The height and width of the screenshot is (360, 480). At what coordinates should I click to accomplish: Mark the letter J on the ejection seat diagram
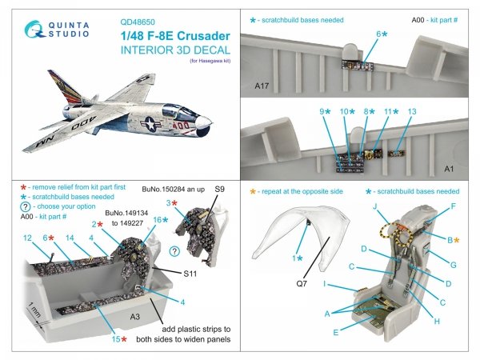(x=375, y=206)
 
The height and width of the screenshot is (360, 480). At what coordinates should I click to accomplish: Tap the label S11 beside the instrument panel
(x=190, y=274)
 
